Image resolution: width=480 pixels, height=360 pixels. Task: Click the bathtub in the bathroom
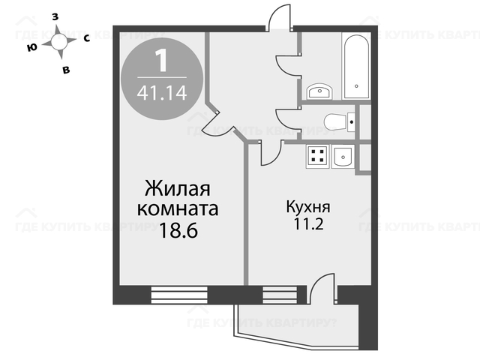pyautogui.click(x=357, y=67)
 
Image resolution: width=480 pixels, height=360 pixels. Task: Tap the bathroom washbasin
pyautogui.click(x=319, y=91)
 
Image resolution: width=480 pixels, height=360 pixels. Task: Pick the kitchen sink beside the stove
pyautogui.click(x=343, y=156)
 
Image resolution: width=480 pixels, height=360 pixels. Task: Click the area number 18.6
pyautogui.click(x=178, y=230)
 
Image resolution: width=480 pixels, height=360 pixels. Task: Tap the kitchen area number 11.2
pyautogui.click(x=308, y=224)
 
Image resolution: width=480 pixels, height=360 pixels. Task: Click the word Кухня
pyautogui.click(x=308, y=207)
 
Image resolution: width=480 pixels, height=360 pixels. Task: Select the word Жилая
pyautogui.click(x=178, y=188)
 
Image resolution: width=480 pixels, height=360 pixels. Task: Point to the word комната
pyautogui.click(x=178, y=209)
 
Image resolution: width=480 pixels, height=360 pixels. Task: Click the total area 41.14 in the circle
pyautogui.click(x=162, y=93)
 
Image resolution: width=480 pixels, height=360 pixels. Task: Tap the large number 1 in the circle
pyautogui.click(x=161, y=61)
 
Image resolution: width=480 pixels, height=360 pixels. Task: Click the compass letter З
pyautogui.click(x=55, y=17)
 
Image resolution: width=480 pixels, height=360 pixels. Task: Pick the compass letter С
pyautogui.click(x=87, y=38)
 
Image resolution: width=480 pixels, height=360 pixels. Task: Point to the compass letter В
pyautogui.click(x=66, y=70)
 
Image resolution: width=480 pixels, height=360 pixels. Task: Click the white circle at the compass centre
pyautogui.click(x=59, y=42)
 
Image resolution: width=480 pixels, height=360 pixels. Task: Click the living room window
pyautogui.click(x=179, y=295)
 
